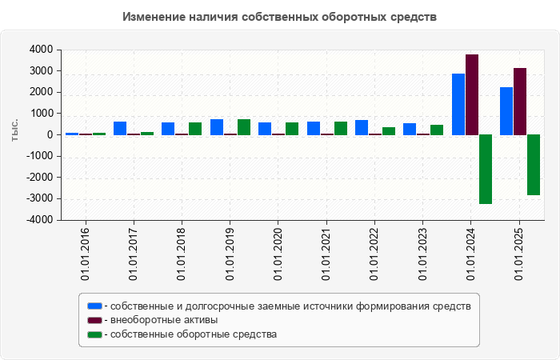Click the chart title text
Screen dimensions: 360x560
point(280,17)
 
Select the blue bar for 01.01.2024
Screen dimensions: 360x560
point(458,104)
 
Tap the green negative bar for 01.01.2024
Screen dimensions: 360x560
point(486,169)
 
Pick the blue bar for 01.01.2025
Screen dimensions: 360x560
point(506,111)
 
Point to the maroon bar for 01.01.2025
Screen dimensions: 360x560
point(520,102)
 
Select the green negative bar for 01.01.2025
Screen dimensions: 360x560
point(534,165)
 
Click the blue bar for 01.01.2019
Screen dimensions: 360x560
point(217,127)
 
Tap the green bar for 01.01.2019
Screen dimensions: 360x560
point(244,127)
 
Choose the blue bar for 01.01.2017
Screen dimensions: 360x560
point(120,128)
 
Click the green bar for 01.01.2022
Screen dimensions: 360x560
point(389,131)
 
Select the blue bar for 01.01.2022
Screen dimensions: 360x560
point(362,127)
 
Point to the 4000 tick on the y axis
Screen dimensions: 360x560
point(42,50)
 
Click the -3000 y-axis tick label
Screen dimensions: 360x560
point(40,198)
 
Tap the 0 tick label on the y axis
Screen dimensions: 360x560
point(50,135)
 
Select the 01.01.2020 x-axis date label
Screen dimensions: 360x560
point(278,254)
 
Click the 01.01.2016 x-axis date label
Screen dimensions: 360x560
point(85,254)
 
